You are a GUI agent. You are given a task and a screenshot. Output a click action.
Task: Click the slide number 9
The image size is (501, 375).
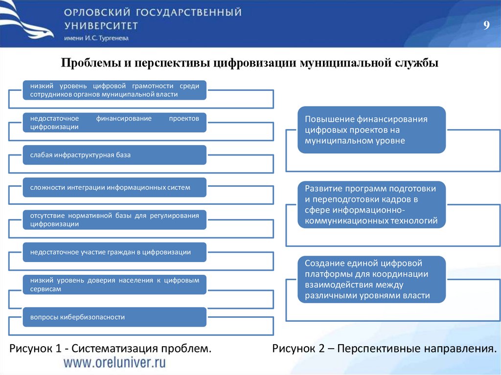click(x=486, y=26)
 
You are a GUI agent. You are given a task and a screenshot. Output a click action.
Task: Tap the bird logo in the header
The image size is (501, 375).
click(x=27, y=22)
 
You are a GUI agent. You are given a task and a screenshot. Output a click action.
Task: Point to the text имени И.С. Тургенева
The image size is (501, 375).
click(x=96, y=39)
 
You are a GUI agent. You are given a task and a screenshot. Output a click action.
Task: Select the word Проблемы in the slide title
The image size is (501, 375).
click(x=86, y=63)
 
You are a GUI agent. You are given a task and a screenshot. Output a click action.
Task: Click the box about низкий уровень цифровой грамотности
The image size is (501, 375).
click(x=114, y=90)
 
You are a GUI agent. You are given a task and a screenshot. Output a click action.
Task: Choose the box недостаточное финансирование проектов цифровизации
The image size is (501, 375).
click(x=114, y=123)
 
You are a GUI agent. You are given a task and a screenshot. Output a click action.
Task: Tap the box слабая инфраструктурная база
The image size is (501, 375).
click(x=114, y=155)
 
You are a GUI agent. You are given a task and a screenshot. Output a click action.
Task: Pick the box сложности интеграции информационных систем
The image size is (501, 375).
click(x=114, y=187)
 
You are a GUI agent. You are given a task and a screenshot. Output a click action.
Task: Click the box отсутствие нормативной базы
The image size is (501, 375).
click(x=114, y=220)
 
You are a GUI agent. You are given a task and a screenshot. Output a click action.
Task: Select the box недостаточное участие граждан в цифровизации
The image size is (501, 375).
click(x=114, y=252)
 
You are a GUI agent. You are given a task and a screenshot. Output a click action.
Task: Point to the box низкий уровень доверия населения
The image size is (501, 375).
click(x=114, y=285)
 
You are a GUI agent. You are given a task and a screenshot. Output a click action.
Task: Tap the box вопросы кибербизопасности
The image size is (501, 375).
click(x=114, y=317)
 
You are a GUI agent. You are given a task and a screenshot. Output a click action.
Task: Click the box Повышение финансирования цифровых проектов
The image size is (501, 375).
click(x=372, y=130)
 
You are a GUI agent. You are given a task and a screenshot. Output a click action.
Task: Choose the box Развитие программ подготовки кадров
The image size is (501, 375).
click(x=372, y=205)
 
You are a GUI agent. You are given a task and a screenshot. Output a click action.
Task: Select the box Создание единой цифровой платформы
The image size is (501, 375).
click(x=372, y=279)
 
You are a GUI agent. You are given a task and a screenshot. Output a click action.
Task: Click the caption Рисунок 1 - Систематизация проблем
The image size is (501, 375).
click(x=111, y=349)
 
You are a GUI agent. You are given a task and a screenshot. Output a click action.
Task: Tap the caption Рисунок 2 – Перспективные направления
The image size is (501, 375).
click(x=385, y=349)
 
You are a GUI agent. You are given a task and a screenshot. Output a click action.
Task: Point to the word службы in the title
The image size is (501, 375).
click(x=417, y=63)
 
